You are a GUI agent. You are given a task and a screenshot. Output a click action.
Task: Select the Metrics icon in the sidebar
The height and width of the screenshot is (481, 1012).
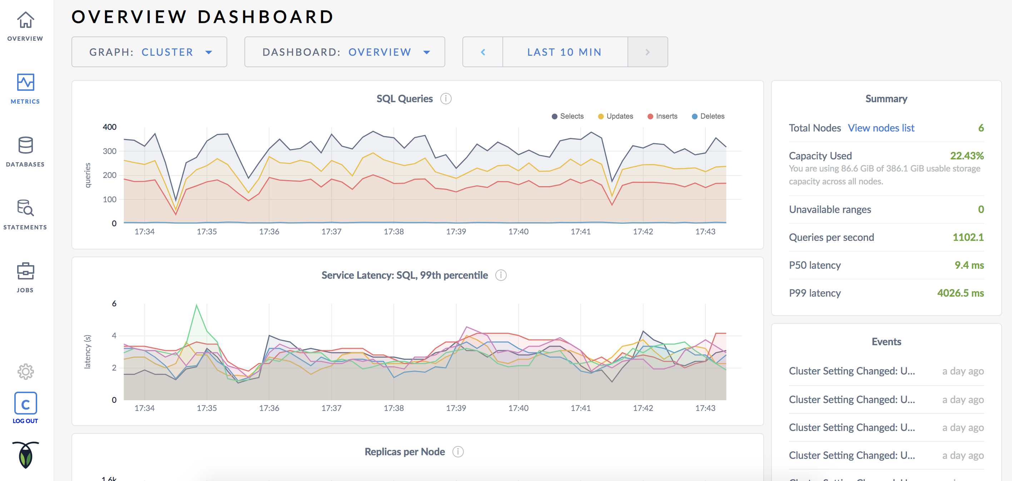25,83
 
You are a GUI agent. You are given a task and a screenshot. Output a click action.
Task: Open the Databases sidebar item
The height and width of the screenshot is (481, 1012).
25,145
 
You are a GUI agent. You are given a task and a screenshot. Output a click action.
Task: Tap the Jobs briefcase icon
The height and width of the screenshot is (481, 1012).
25,271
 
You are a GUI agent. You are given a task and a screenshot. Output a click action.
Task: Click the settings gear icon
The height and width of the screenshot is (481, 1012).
25,371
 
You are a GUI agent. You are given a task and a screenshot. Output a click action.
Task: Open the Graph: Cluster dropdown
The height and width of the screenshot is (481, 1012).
149,52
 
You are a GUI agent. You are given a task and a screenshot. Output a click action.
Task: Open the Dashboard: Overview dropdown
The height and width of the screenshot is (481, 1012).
344,52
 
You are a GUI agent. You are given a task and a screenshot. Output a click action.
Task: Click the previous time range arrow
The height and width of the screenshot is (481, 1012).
483,52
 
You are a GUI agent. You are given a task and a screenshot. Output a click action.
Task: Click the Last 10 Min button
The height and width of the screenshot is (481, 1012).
565,52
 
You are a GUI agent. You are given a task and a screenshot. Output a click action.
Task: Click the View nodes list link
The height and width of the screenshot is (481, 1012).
881,128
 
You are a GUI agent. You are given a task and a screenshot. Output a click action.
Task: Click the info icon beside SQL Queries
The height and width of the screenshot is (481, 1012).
446,99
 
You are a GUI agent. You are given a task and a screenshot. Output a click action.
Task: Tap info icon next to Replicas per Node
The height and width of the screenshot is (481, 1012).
458,452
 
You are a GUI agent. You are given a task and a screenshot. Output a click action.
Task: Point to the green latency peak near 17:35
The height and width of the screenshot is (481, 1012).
197,305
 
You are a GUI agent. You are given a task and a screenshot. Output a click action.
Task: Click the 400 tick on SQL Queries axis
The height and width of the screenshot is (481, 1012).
110,127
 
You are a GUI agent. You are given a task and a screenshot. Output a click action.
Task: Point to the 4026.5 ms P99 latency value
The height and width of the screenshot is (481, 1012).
960,293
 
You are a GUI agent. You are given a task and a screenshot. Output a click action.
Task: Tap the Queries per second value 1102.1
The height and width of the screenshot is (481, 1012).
968,237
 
